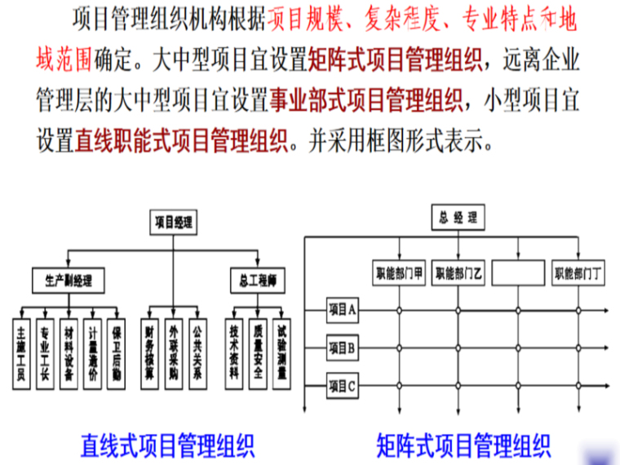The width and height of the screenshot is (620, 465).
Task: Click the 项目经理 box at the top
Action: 173,221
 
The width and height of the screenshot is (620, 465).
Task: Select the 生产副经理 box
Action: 69,281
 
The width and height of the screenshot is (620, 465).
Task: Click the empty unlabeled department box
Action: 517,273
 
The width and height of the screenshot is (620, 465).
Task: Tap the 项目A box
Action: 343,310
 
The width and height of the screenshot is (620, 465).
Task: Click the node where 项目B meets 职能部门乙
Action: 458,347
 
